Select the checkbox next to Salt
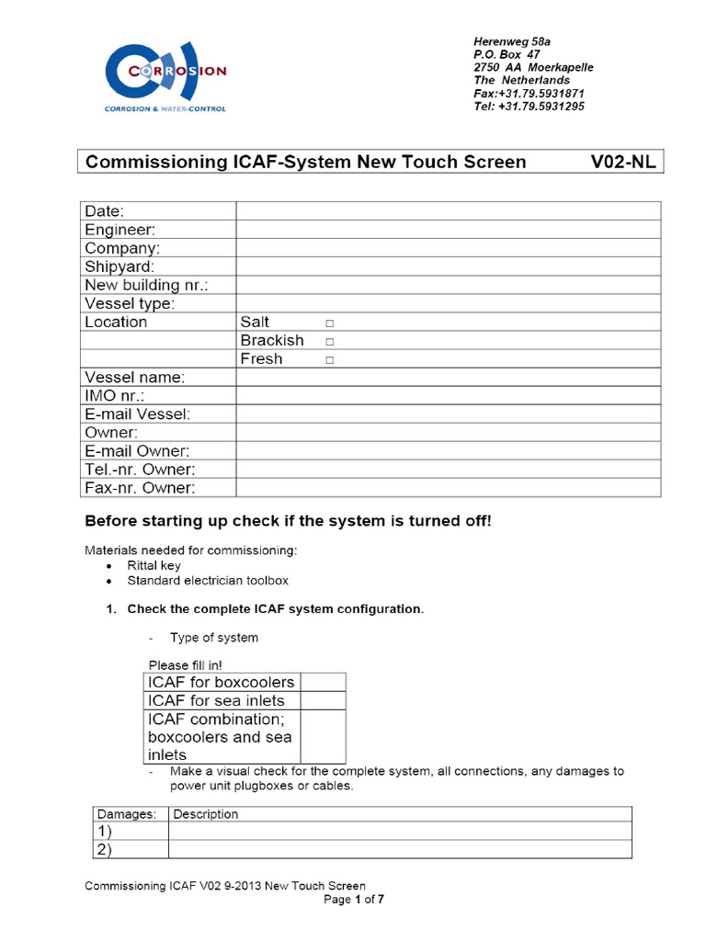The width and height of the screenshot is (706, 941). point(329,323)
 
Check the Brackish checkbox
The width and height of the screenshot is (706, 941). point(329,342)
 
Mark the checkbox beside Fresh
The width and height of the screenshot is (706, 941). point(329,360)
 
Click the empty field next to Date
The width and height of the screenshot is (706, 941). point(448,211)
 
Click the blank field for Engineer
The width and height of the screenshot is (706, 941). point(448,230)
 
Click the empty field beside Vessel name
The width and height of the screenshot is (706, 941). point(448,377)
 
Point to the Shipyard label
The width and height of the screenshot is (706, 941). point(120,266)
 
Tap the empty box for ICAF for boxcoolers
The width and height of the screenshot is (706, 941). point(323,682)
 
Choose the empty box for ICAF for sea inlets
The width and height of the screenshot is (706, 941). point(323,700)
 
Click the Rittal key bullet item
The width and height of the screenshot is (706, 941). point(154,566)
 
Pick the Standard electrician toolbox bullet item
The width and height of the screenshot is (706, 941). point(207,581)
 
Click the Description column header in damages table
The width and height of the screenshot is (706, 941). point(206,814)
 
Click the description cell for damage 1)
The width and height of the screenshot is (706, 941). point(400,832)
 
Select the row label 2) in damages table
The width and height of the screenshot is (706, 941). point(104,850)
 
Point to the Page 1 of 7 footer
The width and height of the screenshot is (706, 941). point(354,900)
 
